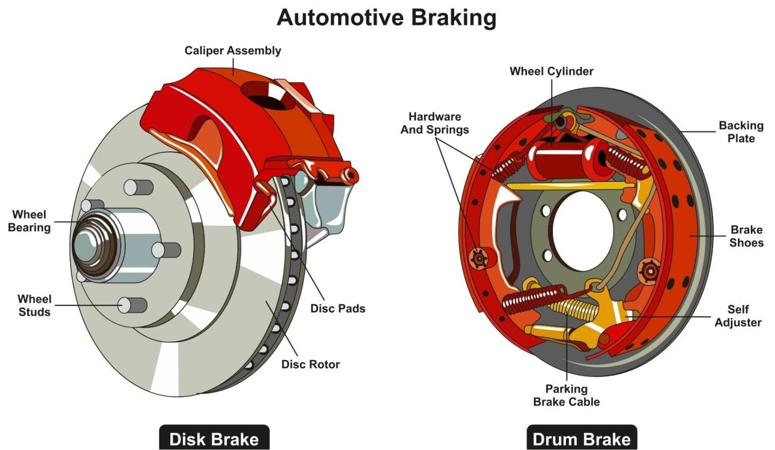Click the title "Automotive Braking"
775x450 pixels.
[387, 18]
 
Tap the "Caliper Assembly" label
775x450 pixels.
[233, 51]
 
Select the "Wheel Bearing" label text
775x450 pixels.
[30, 221]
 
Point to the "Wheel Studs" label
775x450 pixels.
[34, 305]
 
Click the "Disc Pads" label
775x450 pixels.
[338, 308]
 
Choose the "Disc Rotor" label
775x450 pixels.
[311, 364]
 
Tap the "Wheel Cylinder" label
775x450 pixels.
[551, 71]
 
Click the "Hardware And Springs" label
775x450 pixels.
[435, 123]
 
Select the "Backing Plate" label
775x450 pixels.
[741, 132]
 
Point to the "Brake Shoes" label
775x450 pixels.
[747, 236]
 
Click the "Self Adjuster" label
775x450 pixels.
[738, 316]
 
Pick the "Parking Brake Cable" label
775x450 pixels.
[567, 395]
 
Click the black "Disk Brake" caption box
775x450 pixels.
[214, 438]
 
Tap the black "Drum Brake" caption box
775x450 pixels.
[581, 438]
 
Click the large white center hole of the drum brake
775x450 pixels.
[583, 231]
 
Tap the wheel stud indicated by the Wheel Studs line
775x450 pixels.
[132, 305]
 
